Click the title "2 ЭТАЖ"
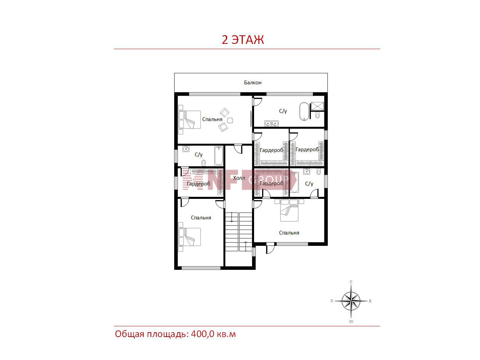tap(243, 40)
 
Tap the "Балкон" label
tap(253, 83)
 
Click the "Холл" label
tap(239, 178)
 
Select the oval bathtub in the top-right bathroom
tap(304, 111)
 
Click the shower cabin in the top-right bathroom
tap(317, 106)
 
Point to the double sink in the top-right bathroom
tap(272, 123)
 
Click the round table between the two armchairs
tap(230, 120)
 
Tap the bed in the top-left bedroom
tap(189, 120)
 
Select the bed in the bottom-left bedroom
tap(189, 237)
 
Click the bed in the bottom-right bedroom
tap(289, 210)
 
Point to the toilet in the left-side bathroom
tap(204, 163)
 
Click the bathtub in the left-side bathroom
tap(218, 156)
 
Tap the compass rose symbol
tap(351, 301)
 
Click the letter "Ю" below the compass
tap(351, 322)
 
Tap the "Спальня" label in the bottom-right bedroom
tap(289, 233)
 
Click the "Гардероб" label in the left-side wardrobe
tap(198, 184)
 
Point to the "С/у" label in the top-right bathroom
tap(283, 111)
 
